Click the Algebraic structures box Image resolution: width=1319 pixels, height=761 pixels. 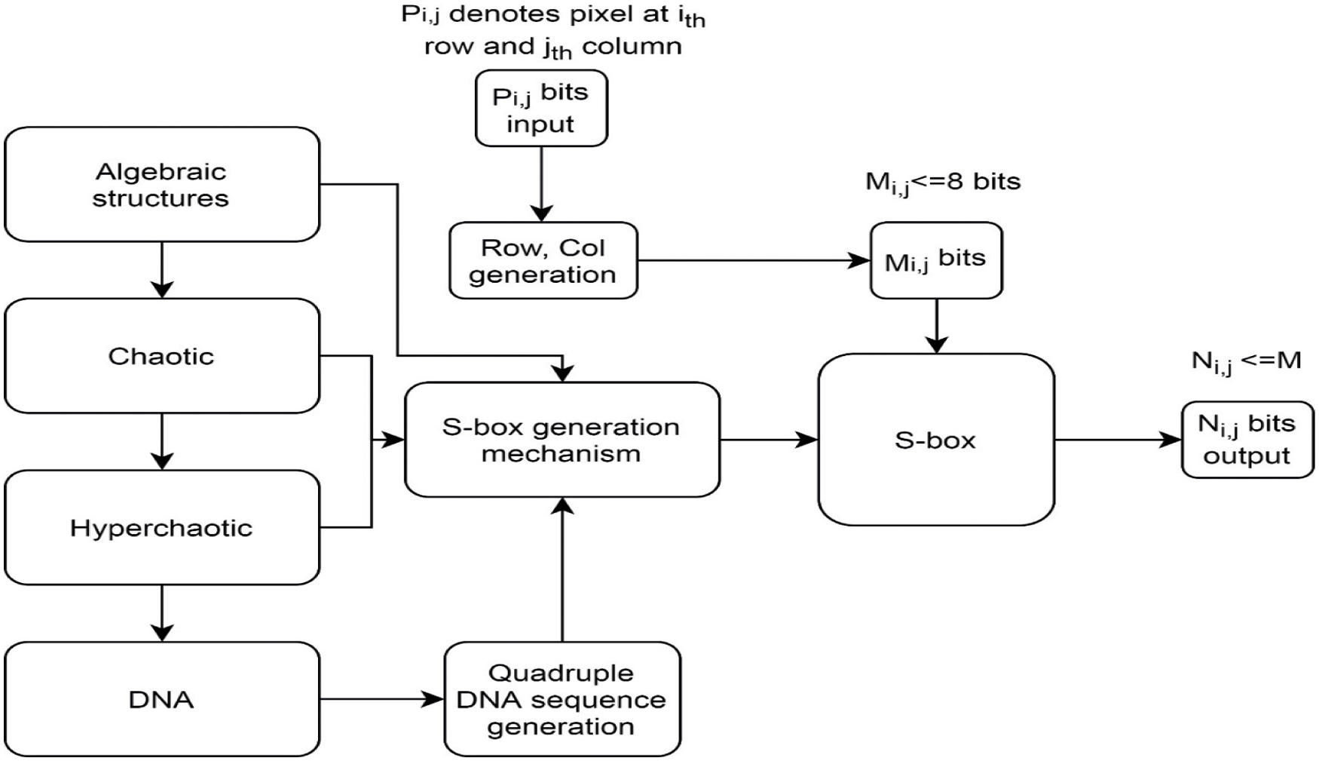(162, 184)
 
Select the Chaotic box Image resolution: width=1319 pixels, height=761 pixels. (162, 356)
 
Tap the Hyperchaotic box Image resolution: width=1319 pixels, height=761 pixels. (162, 527)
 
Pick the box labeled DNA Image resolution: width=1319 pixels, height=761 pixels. (162, 699)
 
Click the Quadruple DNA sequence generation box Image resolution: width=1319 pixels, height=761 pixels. (562, 699)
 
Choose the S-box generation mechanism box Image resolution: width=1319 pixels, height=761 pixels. (562, 440)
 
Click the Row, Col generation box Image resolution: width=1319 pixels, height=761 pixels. (543, 260)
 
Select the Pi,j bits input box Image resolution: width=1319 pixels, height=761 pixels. (541, 108)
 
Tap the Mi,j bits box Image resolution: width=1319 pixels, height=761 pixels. (936, 260)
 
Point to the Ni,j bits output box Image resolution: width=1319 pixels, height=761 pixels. (1247, 440)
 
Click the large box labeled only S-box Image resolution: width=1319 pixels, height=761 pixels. (936, 440)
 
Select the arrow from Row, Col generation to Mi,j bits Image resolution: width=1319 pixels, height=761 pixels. (754, 261)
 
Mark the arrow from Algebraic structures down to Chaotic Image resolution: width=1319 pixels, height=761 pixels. (162, 270)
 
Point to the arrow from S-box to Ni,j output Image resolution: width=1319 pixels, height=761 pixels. (1118, 440)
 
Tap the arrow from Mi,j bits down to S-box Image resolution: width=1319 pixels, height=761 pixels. (936, 326)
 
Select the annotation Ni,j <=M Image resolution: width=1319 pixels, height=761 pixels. (1246, 362)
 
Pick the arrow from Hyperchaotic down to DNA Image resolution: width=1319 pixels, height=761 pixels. (162, 613)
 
